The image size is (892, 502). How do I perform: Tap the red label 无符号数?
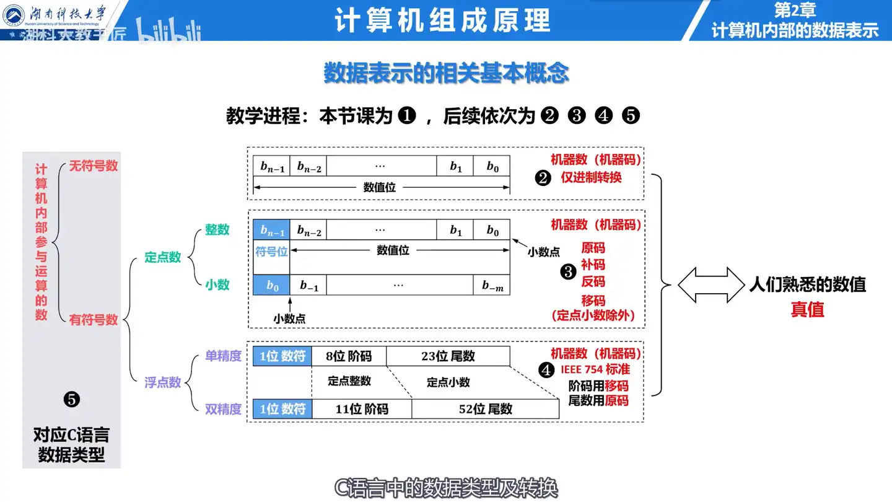click(94, 165)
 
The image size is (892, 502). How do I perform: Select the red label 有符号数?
click(94, 320)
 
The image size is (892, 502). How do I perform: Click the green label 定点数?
click(163, 257)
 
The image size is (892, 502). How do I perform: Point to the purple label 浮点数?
click(163, 382)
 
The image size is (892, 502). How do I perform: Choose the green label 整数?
click(217, 229)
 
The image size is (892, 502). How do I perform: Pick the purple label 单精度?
click(223, 356)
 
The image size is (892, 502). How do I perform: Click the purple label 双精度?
click(223, 409)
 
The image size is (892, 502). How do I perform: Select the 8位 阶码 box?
click(349, 356)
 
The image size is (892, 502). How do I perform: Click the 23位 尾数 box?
click(447, 356)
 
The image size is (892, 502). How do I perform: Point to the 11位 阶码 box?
click(362, 409)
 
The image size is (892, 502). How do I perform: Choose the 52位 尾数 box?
click(484, 409)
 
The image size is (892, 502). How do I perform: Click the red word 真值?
click(807, 309)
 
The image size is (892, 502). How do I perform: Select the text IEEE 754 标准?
click(595, 369)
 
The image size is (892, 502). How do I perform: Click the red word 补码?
click(593, 265)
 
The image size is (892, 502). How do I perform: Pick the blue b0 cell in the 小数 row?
click(271, 285)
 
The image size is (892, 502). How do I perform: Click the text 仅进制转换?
click(591, 177)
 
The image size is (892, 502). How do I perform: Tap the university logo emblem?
click(14, 15)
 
